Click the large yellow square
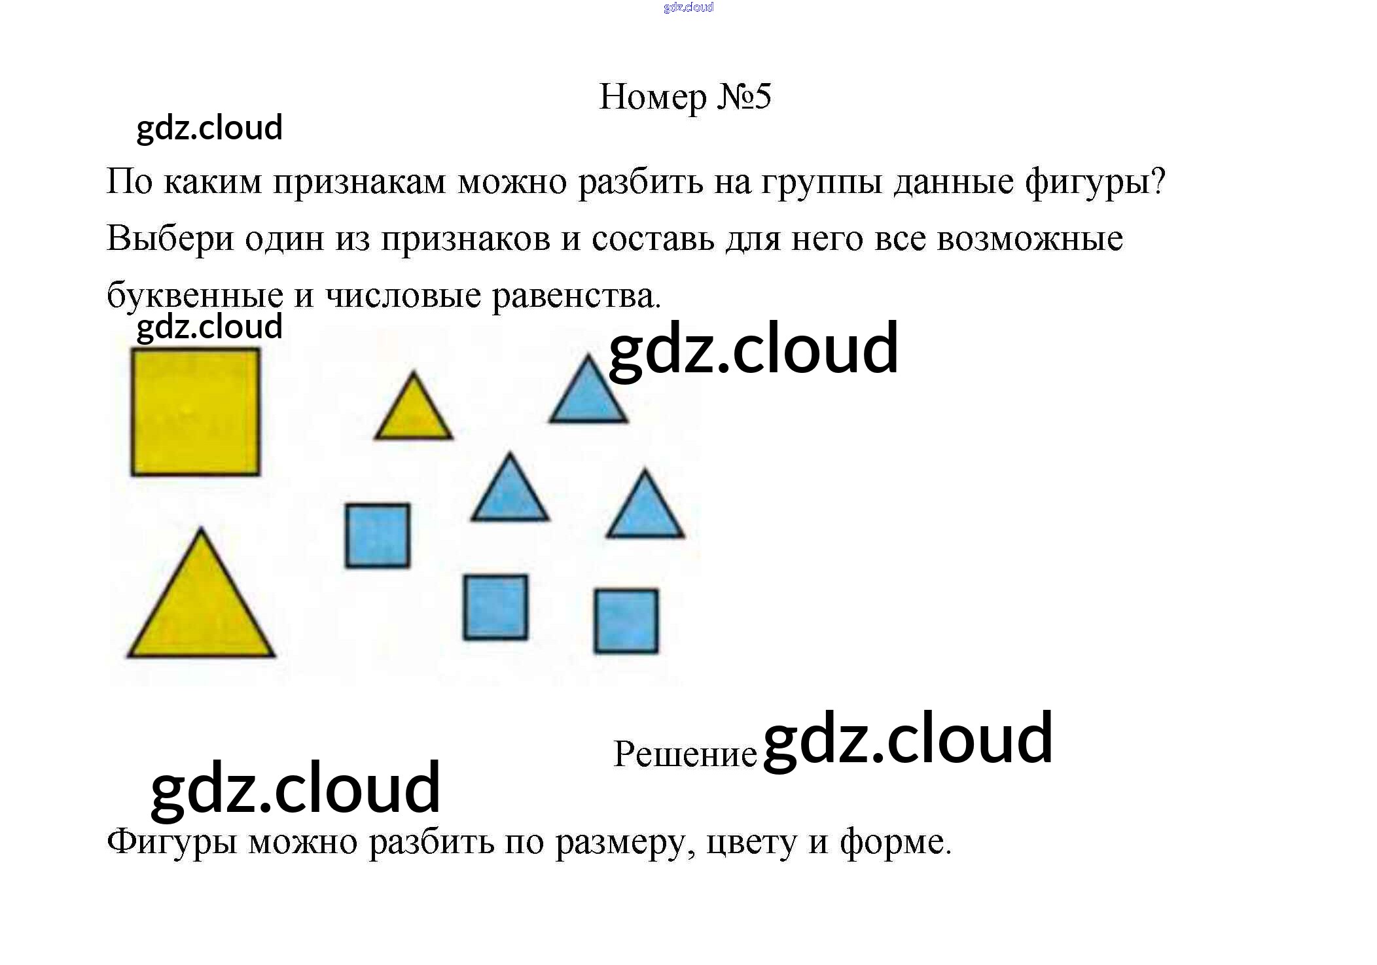click(195, 412)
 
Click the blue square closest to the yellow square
click(378, 535)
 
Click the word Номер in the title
click(653, 97)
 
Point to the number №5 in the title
click(744, 97)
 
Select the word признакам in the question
click(359, 182)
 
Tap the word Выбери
click(170, 239)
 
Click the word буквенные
click(194, 296)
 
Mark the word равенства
click(576, 296)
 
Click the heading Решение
click(685, 754)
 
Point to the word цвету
click(751, 843)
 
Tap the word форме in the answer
click(895, 843)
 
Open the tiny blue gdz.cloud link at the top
click(688, 7)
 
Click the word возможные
click(1029, 239)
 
